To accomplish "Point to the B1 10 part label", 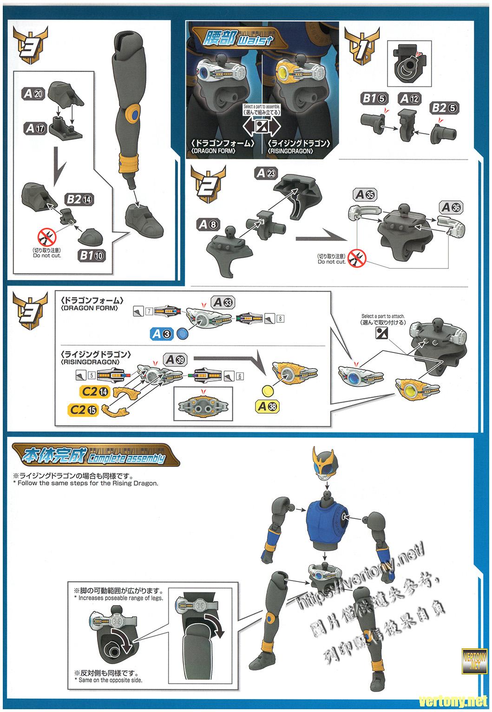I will (93, 254).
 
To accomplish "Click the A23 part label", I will (266, 173).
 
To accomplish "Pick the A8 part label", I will (207, 225).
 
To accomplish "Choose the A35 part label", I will (365, 195).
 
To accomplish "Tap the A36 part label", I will (451, 207).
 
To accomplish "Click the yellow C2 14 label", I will (95, 392).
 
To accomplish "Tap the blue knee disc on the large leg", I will (134, 114).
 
